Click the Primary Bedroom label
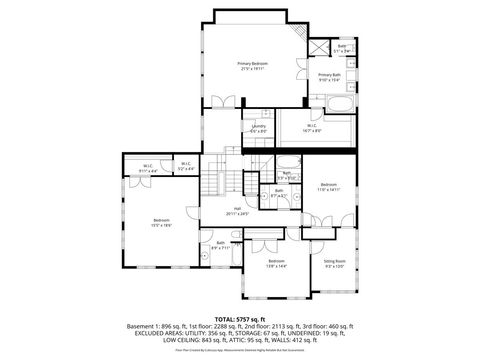251,63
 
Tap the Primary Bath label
330,75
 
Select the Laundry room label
258,126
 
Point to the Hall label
238,209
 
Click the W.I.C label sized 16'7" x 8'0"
312,127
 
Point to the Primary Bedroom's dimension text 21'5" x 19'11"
251,68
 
